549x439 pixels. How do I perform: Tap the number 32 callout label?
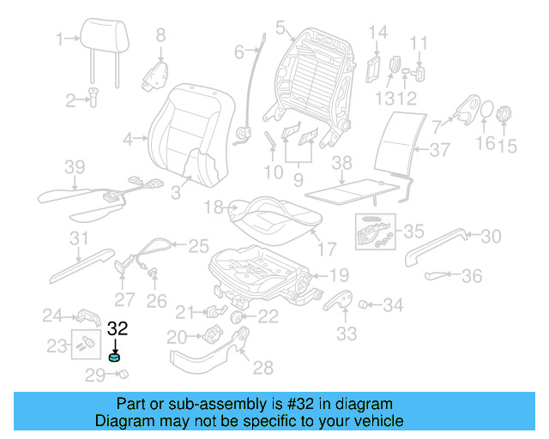[117, 328]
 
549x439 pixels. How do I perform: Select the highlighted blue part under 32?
[115, 358]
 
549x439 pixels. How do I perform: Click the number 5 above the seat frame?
[280, 28]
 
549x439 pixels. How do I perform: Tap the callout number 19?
[339, 275]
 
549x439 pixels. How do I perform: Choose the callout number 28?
[262, 368]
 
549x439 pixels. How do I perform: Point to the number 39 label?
[75, 166]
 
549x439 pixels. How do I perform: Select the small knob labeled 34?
[364, 304]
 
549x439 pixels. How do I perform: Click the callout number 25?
[198, 245]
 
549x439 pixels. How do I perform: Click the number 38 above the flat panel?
[341, 162]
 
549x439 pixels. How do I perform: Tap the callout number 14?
[378, 33]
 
